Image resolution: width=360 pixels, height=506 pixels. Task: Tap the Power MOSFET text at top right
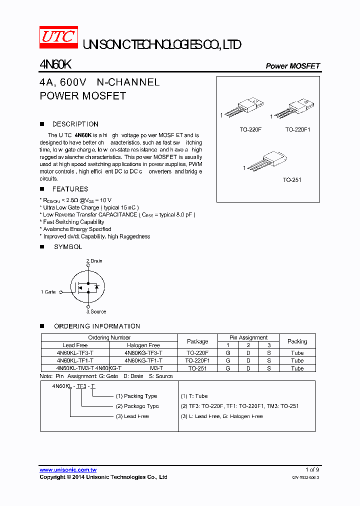pos(292,66)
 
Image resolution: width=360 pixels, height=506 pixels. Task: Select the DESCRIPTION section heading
pos(75,124)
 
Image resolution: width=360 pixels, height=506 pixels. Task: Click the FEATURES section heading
pos(70,189)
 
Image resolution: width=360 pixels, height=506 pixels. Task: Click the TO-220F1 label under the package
pos(298,129)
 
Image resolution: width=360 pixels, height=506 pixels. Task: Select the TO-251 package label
pos(292,180)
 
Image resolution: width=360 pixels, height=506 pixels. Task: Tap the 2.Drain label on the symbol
pos(94,261)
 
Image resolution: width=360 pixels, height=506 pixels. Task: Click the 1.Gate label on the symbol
pos(48,292)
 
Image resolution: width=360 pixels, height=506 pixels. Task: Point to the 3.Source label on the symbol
pos(96,311)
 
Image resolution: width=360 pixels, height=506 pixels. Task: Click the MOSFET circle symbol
pos(87,286)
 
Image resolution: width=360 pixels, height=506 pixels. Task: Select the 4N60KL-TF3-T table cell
pos(75,353)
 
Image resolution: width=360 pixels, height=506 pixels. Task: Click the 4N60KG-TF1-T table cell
pos(143,360)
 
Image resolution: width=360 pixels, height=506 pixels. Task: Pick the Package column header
pos(197,341)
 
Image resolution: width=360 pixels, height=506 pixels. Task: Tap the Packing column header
pos(297,341)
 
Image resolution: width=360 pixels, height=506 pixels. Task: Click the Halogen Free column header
pos(143,345)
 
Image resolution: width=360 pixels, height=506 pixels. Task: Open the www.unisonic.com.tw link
pos(68,470)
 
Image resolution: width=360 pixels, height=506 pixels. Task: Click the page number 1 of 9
pos(312,469)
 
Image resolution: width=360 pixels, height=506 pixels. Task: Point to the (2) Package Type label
pos(137,406)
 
